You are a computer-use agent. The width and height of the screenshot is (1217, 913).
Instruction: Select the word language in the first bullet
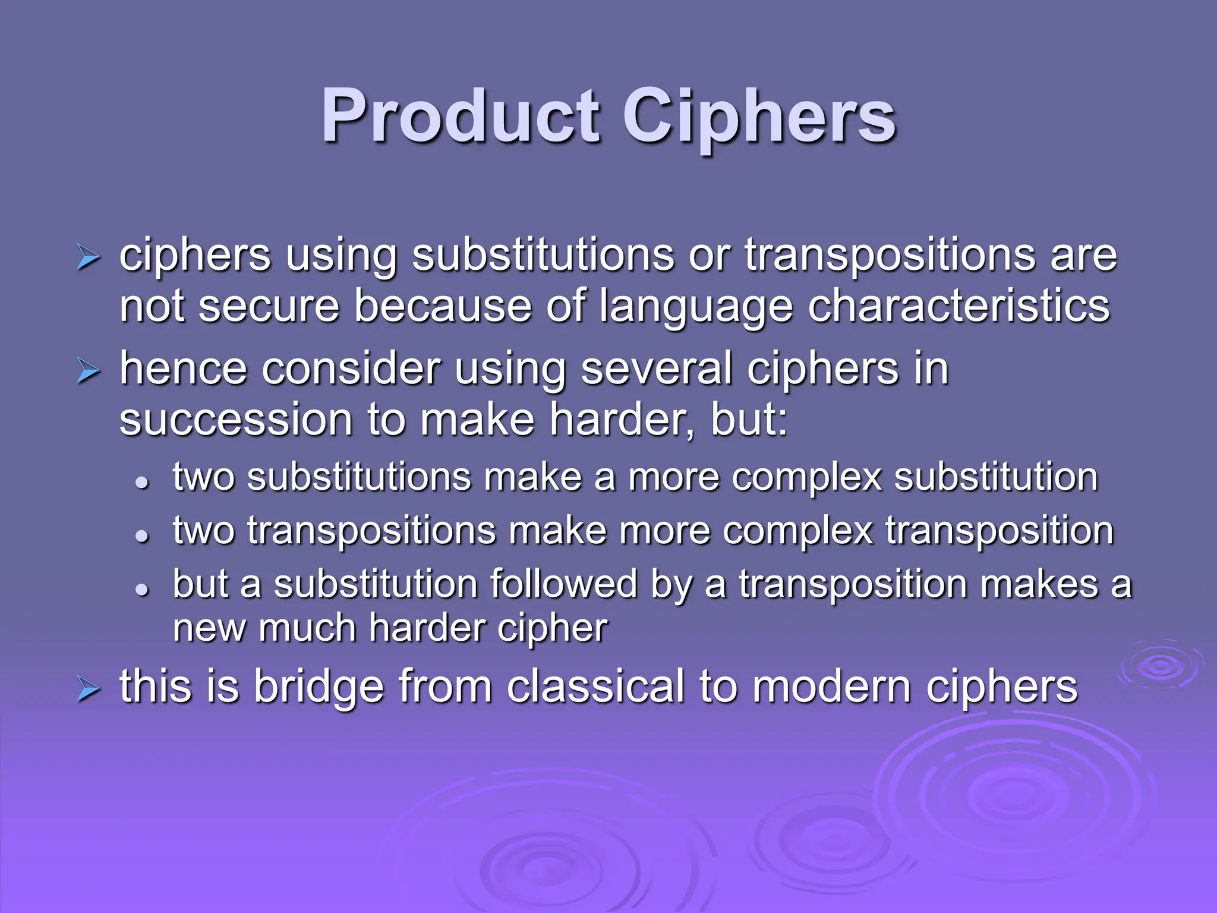point(696,307)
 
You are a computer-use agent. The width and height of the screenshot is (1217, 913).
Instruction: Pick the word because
point(443,307)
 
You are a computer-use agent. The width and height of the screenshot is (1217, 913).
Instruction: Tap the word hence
point(183,369)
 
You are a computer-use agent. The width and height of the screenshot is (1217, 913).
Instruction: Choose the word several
point(656,369)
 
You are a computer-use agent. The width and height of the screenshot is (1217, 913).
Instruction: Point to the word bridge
point(319,687)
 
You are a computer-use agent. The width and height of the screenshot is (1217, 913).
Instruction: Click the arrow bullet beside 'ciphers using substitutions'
point(89,259)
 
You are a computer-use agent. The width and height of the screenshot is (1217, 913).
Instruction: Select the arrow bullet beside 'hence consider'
point(89,372)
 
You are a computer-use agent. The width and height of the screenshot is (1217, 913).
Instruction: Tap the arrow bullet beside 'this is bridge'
point(89,691)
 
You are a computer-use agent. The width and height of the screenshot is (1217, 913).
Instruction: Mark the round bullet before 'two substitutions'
point(141,483)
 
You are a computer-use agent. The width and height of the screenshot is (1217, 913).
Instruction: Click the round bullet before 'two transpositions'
point(141,536)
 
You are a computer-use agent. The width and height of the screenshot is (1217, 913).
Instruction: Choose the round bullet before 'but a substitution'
point(141,589)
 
